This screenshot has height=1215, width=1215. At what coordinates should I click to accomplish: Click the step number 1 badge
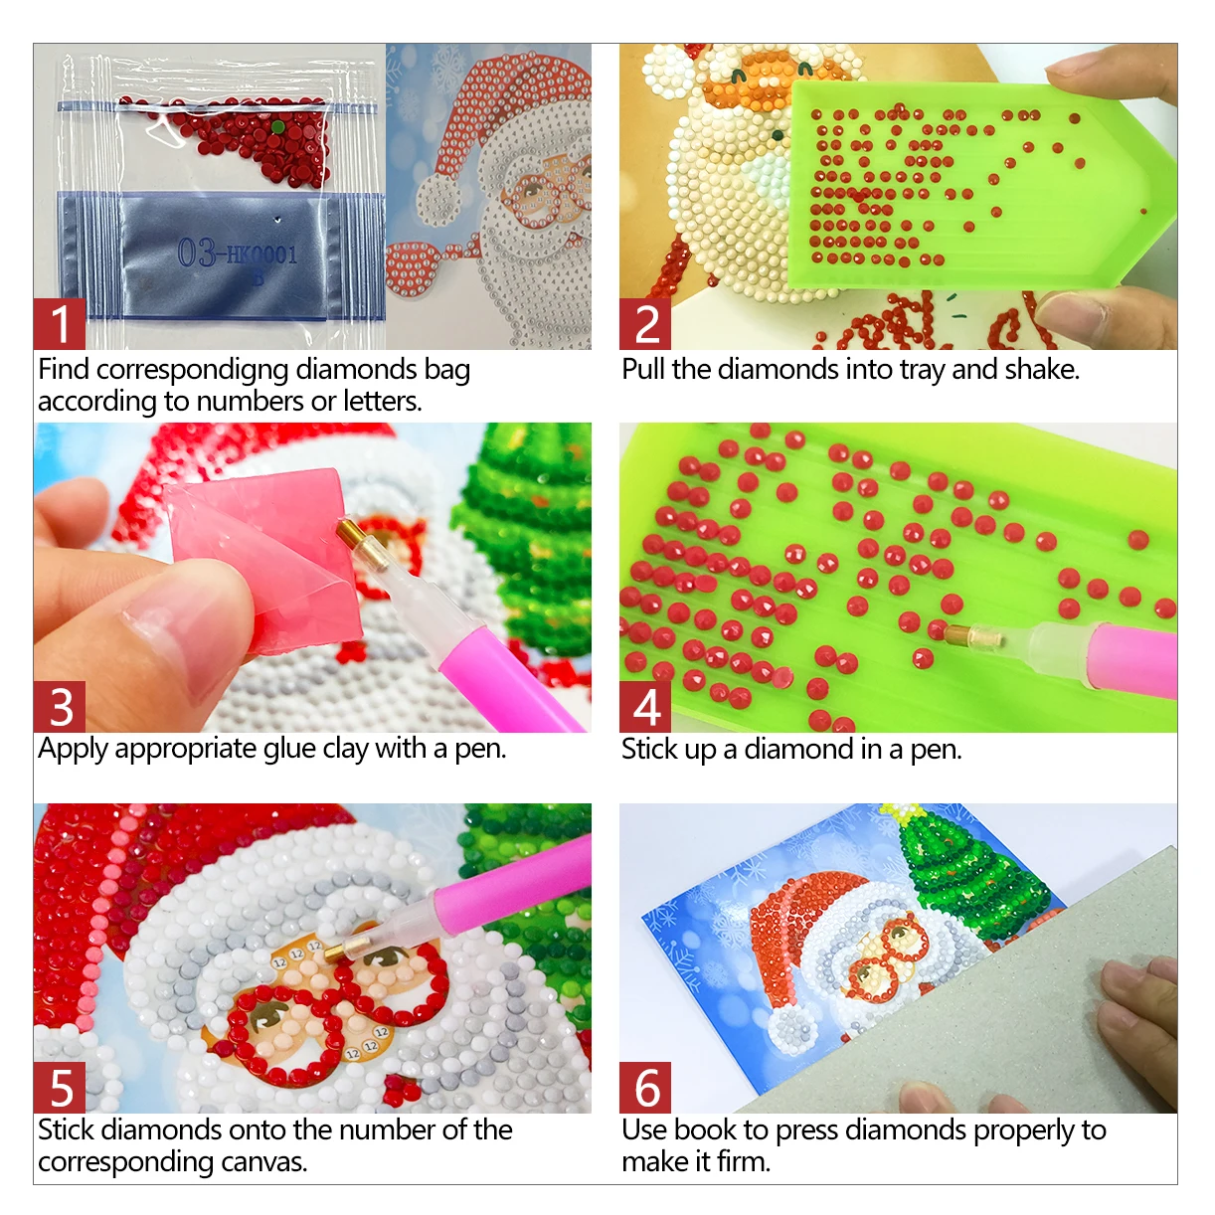60,323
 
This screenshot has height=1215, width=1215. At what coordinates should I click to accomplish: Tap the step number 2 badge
644,323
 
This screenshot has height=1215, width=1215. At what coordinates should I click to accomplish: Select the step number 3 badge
60,706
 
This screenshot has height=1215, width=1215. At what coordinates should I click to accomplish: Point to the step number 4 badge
644,706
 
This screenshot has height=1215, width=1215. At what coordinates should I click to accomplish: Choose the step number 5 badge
60,1087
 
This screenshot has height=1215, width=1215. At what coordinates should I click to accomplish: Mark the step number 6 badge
644,1087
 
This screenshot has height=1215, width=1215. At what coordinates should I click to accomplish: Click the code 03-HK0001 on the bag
237,254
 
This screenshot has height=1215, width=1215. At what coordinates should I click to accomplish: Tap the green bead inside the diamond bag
278,127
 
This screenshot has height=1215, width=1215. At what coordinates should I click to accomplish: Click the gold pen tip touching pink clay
351,536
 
